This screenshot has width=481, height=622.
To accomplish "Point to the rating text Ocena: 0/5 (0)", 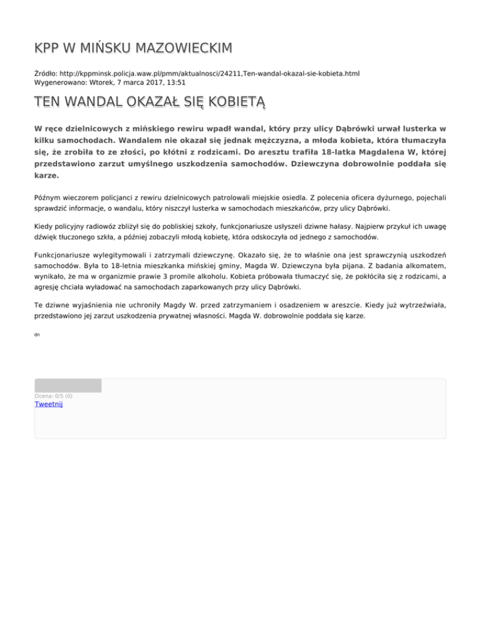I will [53, 395].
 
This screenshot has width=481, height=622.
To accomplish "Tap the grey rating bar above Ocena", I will [68, 385].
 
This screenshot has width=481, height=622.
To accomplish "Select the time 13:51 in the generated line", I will [175, 82].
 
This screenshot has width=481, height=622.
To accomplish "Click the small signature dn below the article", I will [38, 335].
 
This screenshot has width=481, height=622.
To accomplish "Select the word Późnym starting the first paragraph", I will [48, 198].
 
